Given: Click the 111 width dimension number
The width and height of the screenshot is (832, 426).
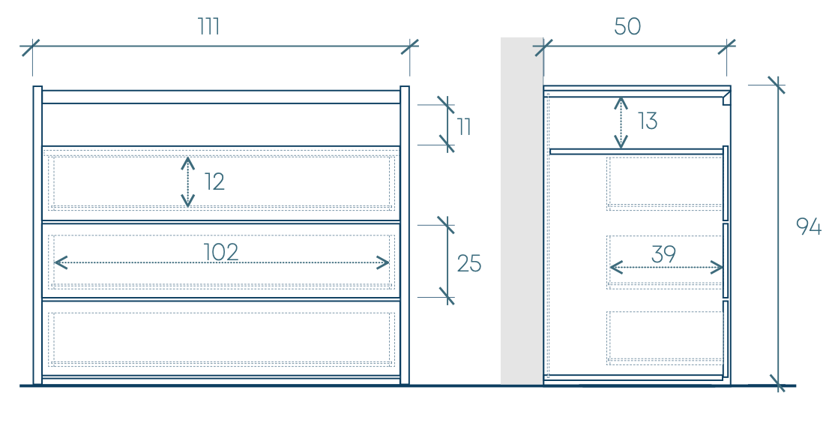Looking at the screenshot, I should pyautogui.click(x=209, y=26).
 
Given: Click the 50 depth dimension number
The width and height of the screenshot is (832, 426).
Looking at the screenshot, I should pyautogui.click(x=627, y=26).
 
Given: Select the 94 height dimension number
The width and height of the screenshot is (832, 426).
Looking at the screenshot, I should pyautogui.click(x=809, y=226).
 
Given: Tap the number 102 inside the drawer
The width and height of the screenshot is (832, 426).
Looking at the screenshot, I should pyautogui.click(x=221, y=252).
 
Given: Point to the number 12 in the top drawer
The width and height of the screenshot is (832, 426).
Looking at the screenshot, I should pyautogui.click(x=214, y=181).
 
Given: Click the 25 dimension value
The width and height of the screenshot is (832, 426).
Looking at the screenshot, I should pyautogui.click(x=469, y=263).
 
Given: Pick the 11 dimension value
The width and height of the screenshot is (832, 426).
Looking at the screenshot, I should pyautogui.click(x=464, y=127).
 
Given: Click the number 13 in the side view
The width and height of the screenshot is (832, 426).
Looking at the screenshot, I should pyautogui.click(x=648, y=121).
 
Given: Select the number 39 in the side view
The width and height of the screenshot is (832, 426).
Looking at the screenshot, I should pyautogui.click(x=663, y=254).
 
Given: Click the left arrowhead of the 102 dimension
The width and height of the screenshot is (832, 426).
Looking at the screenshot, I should pyautogui.click(x=60, y=262).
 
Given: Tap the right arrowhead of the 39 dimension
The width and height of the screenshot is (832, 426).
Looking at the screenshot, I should pyautogui.click(x=719, y=267).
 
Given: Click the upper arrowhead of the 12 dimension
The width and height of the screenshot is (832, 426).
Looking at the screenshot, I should pyautogui.click(x=187, y=162).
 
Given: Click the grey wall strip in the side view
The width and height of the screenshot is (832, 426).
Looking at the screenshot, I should pyautogui.click(x=522, y=210).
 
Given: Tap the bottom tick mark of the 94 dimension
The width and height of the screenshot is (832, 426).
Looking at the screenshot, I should pyautogui.click(x=778, y=385).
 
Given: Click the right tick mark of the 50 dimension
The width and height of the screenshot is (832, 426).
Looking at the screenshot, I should pyautogui.click(x=726, y=47).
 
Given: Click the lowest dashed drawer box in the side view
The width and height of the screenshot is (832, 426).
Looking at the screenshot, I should pyautogui.click(x=665, y=337).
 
